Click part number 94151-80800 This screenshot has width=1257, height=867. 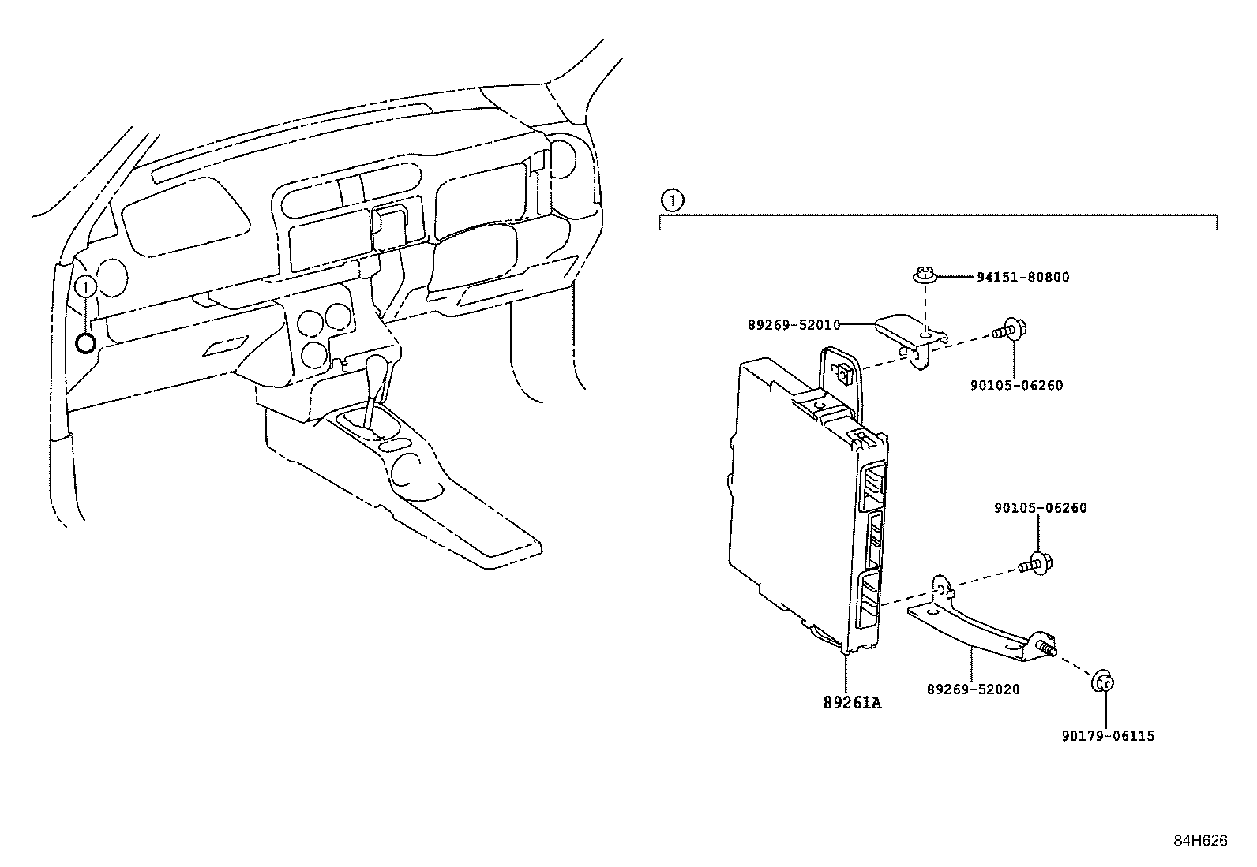1022,277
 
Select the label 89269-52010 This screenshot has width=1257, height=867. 794,324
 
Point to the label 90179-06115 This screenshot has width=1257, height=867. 1108,736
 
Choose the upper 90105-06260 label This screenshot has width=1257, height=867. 1016,386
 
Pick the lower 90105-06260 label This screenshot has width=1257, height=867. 1040,508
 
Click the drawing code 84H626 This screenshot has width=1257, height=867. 1200,841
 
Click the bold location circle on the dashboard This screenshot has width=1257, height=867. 85,343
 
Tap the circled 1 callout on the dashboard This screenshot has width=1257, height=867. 86,286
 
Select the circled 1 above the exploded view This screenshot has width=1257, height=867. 670,201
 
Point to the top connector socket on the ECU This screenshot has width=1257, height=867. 875,486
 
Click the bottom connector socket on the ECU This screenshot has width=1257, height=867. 869,596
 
